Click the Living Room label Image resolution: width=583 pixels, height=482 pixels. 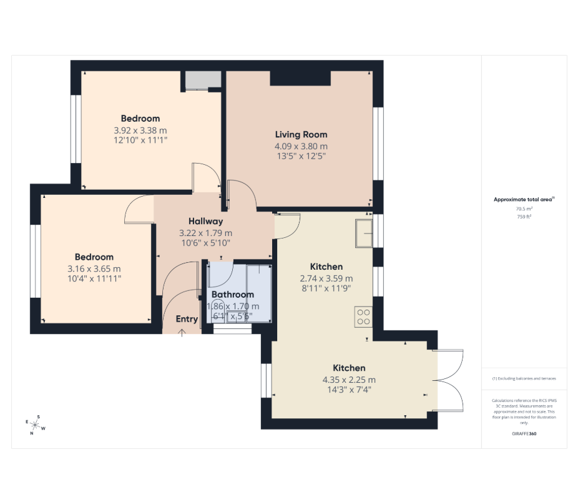(301, 135)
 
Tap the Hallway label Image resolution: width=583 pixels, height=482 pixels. (205, 221)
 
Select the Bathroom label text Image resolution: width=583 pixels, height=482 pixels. (233, 295)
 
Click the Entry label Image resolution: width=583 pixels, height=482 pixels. (187, 319)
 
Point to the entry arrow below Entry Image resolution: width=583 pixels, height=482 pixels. (182, 333)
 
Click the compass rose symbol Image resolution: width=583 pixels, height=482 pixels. (35, 425)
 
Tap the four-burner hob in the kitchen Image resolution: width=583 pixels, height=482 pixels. (363, 317)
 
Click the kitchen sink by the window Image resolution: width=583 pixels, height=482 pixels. (364, 233)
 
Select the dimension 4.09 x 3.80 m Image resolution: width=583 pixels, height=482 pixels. (301, 147)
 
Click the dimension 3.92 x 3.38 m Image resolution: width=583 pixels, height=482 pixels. (140, 130)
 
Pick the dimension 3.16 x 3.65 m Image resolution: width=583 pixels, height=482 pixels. (94, 269)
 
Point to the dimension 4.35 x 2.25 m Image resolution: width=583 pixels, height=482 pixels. (349, 380)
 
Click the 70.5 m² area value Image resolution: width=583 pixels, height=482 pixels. (524, 209)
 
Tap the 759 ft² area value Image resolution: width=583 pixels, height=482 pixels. (524, 217)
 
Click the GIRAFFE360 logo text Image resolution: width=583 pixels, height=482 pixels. (524, 434)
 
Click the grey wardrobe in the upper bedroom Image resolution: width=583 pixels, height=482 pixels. (203, 81)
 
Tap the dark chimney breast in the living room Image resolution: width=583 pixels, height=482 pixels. (300, 78)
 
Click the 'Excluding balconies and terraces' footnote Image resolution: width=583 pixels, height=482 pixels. (524, 378)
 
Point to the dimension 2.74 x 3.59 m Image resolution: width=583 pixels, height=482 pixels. (326, 278)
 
